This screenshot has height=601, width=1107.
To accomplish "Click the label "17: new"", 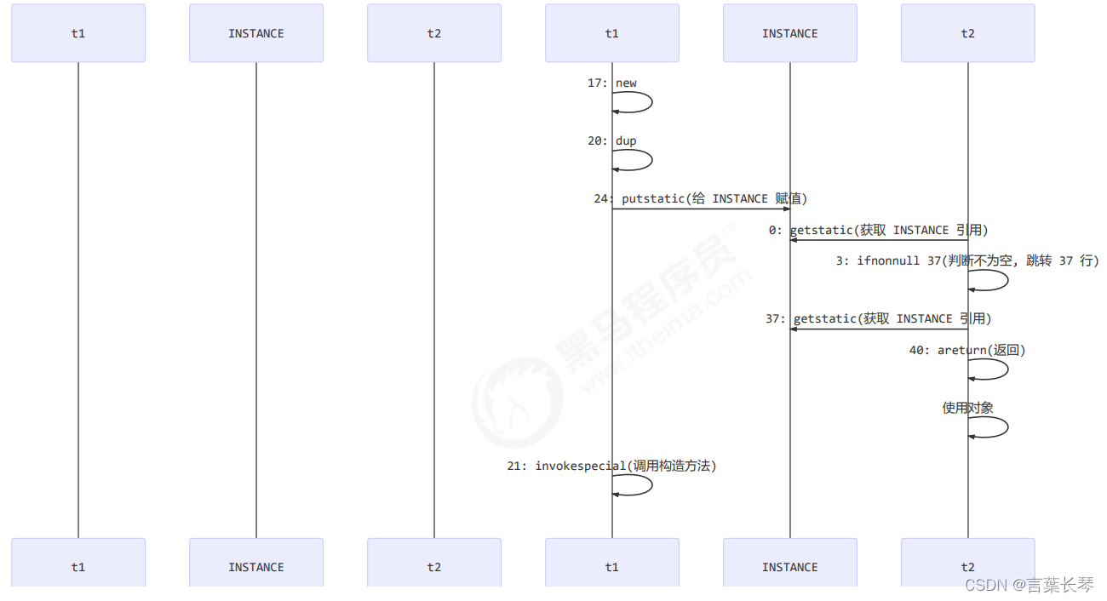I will (612, 83).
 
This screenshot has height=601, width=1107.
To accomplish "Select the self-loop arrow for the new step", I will (651, 102).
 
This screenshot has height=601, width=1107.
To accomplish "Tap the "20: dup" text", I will (612, 141).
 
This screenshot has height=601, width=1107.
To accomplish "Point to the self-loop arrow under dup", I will (651, 160).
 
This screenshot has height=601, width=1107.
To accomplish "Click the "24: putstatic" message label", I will (700, 199).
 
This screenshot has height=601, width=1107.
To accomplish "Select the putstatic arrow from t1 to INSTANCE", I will (701, 209).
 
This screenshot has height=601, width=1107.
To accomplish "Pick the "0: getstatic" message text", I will (878, 231).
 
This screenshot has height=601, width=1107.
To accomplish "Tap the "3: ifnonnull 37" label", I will (966, 261).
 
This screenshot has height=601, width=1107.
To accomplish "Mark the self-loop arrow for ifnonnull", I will (1007, 280).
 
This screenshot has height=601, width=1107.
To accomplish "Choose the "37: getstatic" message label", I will (878, 319).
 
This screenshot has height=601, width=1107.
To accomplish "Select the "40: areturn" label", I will (967, 351).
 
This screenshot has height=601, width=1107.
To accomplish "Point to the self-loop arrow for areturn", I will (1007, 369).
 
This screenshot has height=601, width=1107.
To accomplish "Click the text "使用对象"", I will (967, 409).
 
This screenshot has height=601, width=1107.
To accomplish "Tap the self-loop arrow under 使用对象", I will (1007, 427).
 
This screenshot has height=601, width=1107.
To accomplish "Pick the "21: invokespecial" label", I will (611, 466).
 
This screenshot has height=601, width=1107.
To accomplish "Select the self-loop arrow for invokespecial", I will (651, 485).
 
